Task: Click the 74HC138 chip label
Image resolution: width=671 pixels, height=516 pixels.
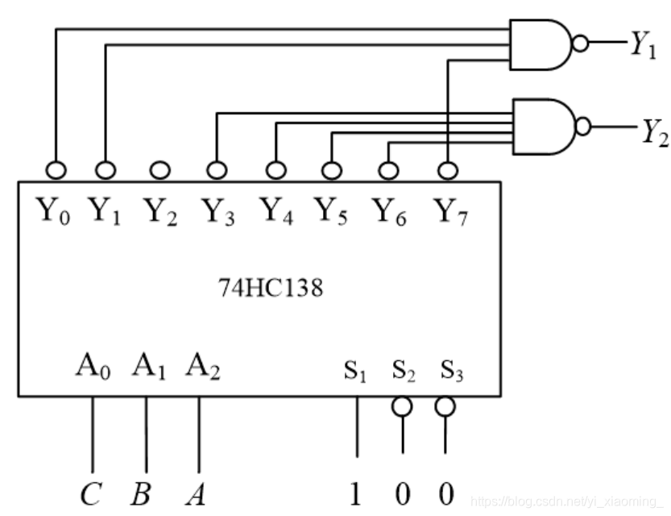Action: point(270,288)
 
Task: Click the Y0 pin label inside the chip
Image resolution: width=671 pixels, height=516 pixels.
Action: point(55,211)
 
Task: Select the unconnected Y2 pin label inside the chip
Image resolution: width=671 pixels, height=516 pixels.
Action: point(161,211)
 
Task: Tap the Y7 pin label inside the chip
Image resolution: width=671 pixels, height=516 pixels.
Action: point(449,211)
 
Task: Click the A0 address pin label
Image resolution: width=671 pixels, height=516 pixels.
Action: point(93,366)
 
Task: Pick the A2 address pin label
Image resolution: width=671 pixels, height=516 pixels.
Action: point(202,366)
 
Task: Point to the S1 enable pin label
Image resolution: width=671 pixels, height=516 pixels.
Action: point(356,372)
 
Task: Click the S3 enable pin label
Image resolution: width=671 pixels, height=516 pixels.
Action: point(451,372)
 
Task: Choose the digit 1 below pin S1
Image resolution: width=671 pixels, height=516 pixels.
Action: point(355,493)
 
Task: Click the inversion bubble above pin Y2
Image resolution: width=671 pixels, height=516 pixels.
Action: point(160,171)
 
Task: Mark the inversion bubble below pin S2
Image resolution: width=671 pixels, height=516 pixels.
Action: point(402,407)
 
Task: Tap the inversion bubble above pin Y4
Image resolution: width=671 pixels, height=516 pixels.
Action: point(275,171)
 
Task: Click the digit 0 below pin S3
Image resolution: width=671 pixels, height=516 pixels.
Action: point(445,493)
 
